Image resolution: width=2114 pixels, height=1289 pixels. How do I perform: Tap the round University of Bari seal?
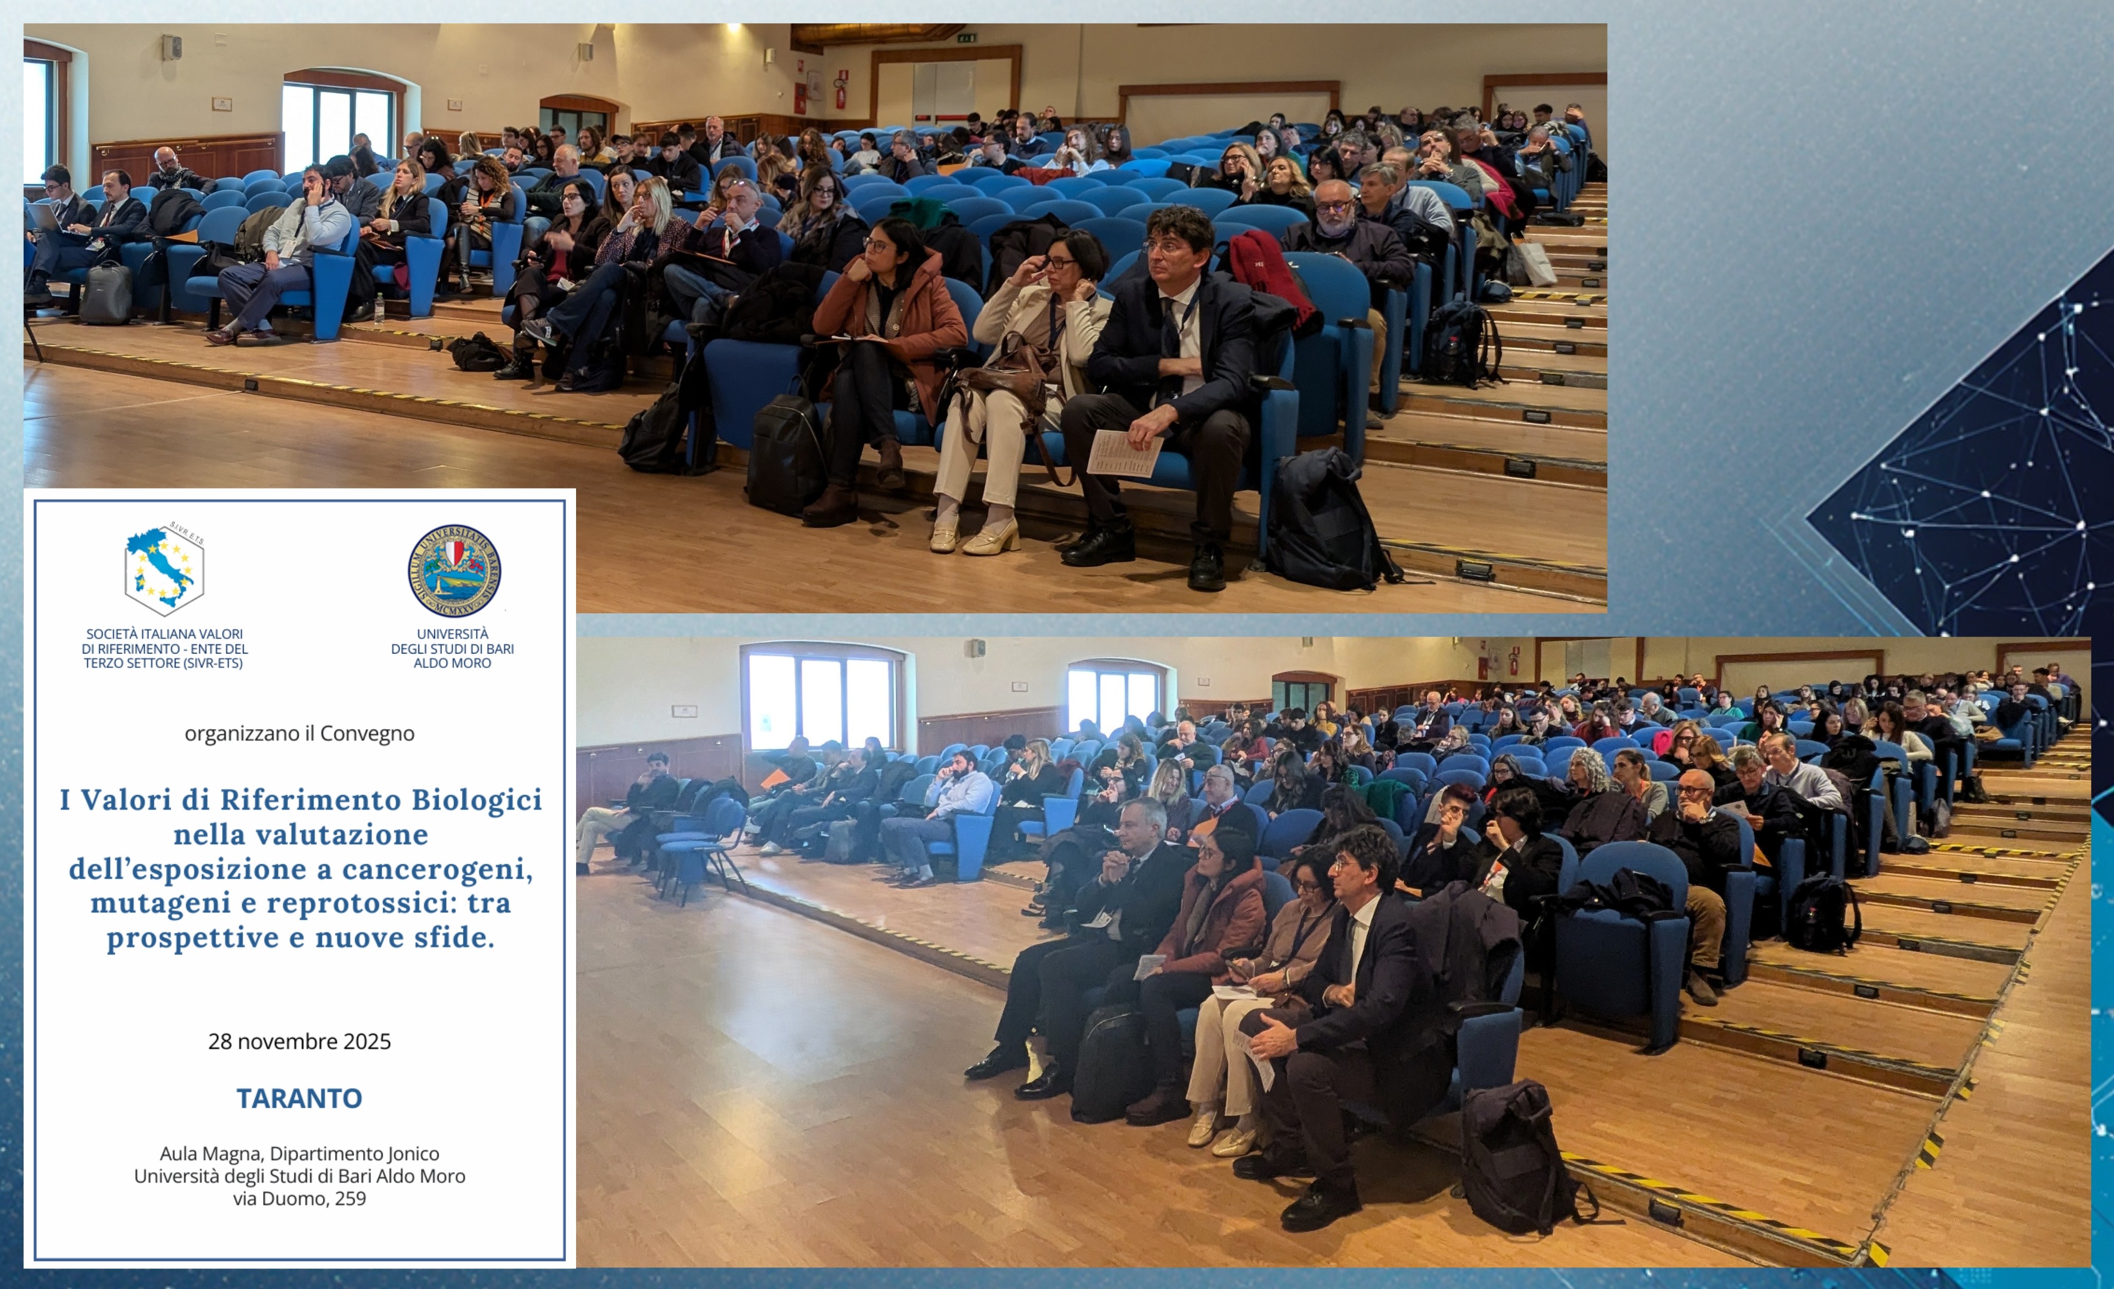[454, 571]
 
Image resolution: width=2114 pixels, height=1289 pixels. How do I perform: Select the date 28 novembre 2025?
[300, 1041]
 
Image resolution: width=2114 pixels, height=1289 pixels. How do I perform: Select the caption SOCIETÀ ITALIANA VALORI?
[164, 634]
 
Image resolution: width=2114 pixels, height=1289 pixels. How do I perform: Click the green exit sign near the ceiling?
[968, 37]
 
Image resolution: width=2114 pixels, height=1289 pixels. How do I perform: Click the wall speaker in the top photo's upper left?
[172, 46]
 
